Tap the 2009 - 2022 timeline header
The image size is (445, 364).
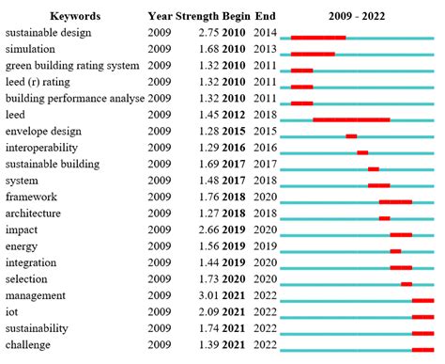361,16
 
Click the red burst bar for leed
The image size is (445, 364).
351,119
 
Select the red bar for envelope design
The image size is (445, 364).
351,135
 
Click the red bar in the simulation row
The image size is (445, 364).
313,54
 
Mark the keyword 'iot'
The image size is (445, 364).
12,311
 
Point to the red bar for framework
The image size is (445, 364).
395,201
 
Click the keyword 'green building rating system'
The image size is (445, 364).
72,65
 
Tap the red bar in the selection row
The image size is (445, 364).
407,283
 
